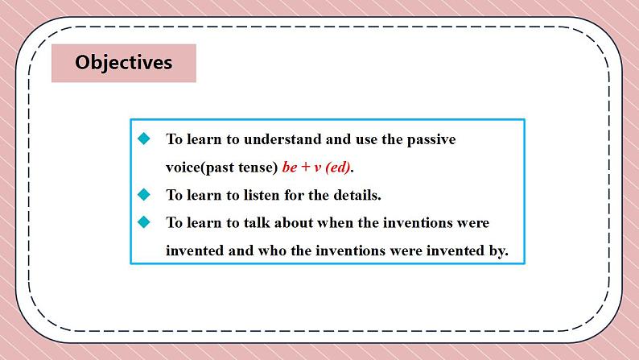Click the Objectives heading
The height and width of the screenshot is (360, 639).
tap(123, 63)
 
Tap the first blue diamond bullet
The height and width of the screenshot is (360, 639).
tap(144, 139)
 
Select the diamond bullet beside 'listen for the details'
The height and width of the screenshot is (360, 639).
tap(144, 194)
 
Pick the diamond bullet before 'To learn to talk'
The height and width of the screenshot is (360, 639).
tap(144, 222)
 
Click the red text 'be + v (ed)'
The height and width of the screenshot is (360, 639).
tap(316, 168)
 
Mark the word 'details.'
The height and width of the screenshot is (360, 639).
tap(357, 195)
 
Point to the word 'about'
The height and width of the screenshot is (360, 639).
tap(294, 222)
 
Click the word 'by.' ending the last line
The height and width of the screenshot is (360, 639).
tap(498, 250)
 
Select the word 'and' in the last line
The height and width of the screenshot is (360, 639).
tap(241, 250)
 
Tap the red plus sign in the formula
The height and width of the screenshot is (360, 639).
tap(306, 168)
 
